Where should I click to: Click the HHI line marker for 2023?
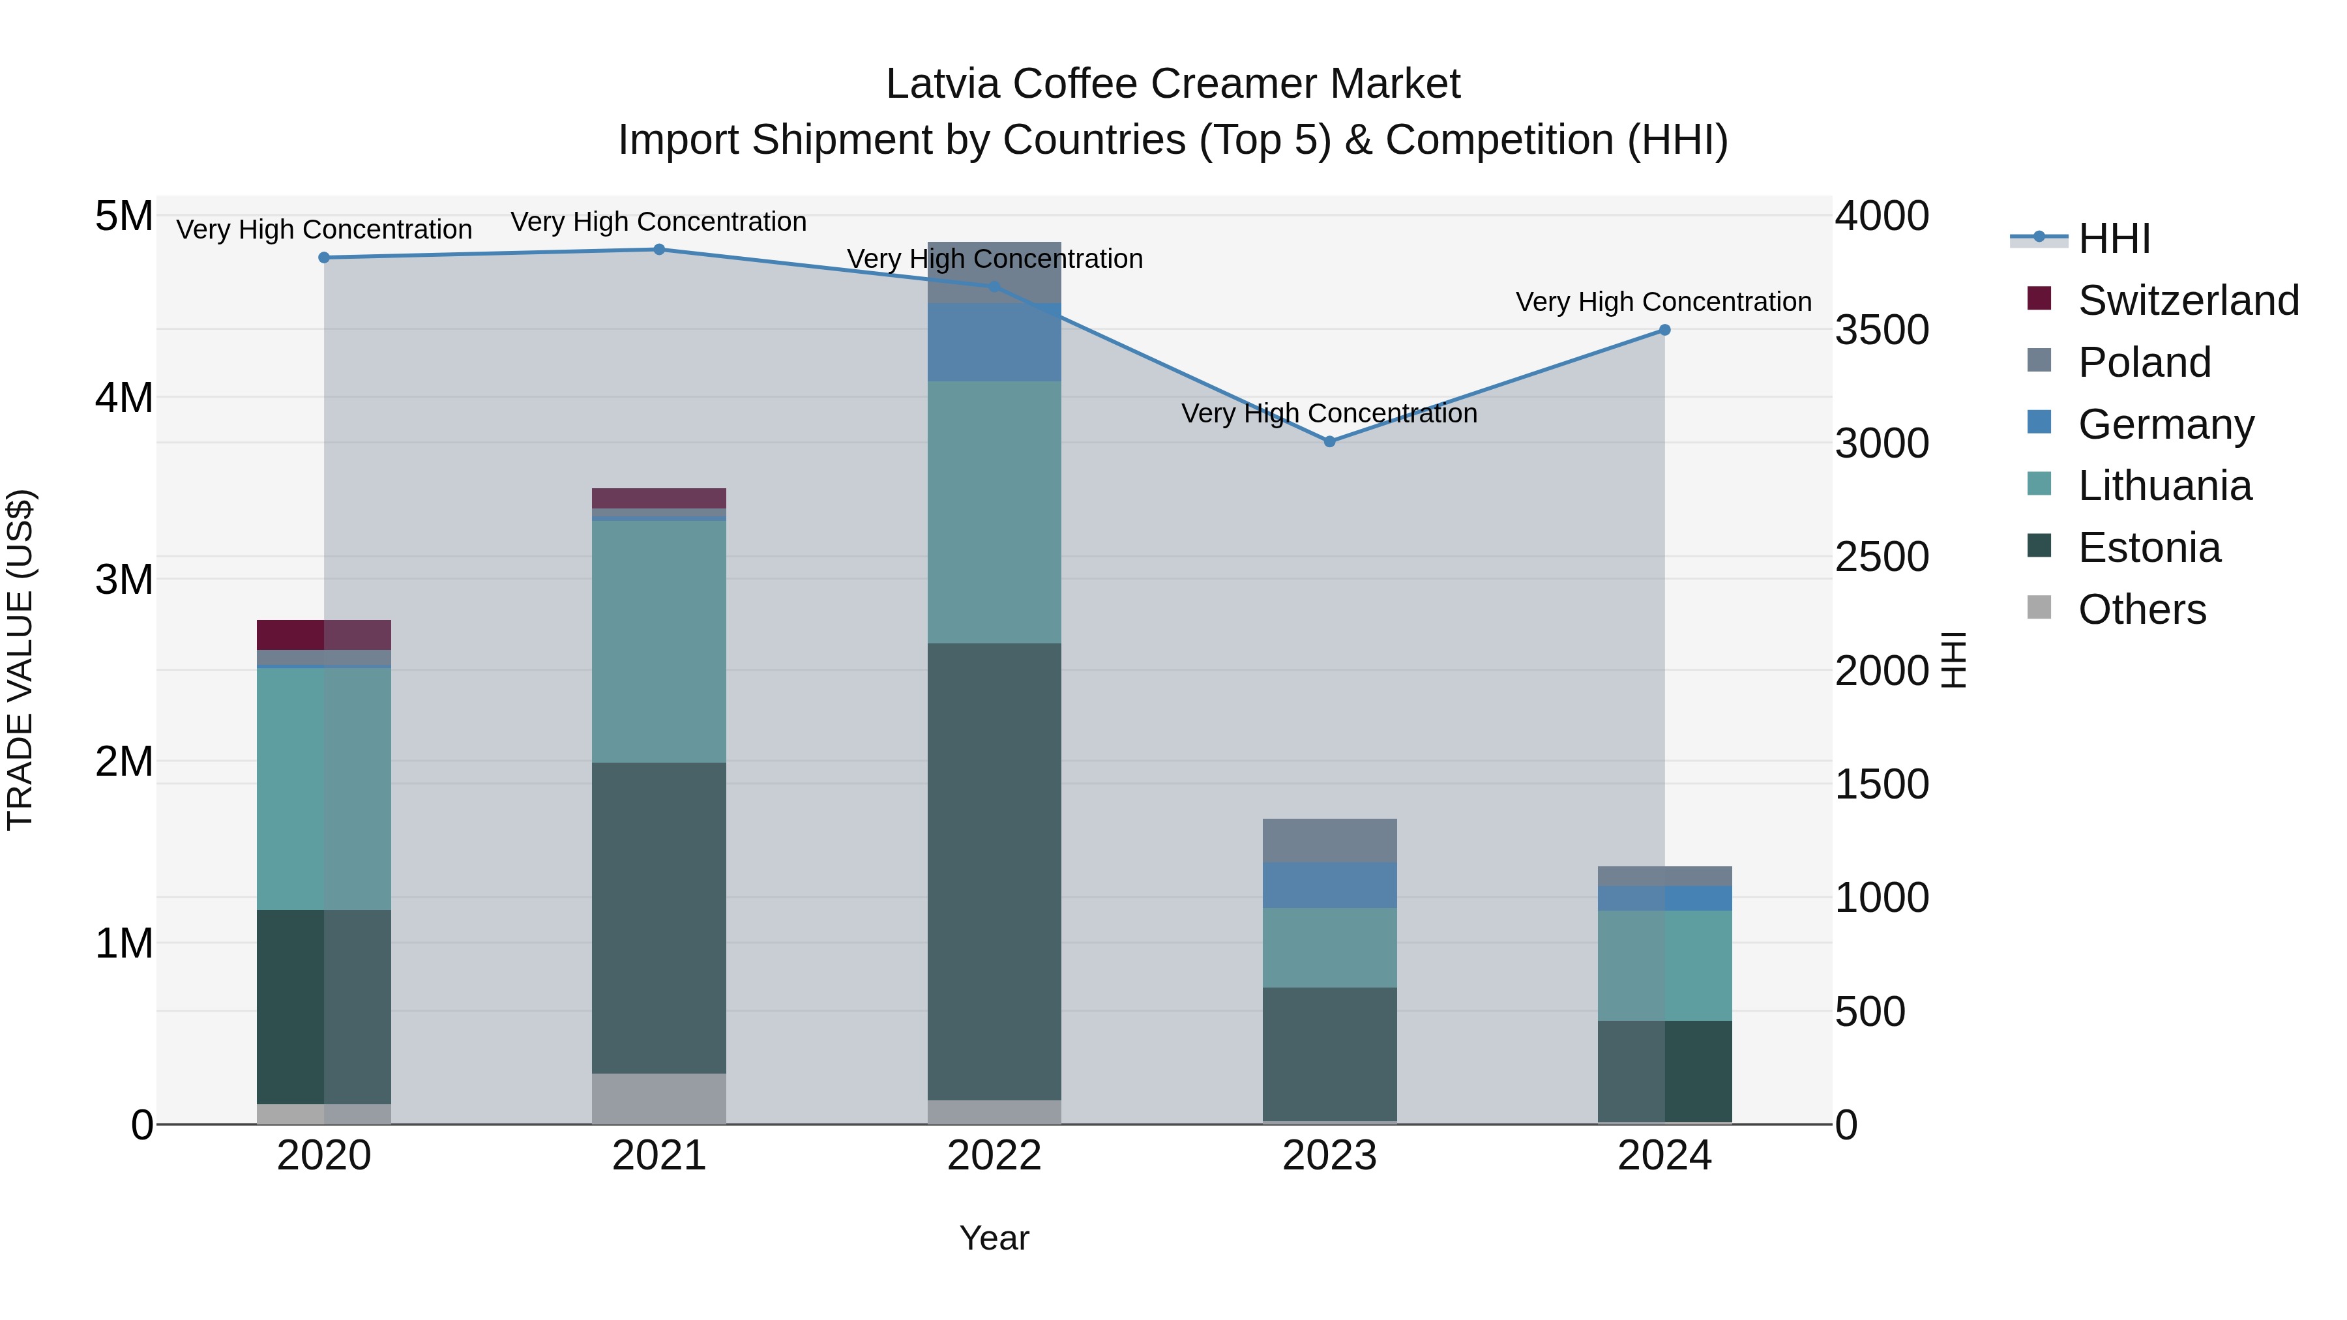1329,441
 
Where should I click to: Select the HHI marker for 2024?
1664,330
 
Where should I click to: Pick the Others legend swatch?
2039,608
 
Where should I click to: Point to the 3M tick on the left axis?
124,579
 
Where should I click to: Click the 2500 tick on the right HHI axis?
1882,557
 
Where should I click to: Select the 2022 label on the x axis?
994,1156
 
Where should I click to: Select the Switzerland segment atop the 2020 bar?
323,634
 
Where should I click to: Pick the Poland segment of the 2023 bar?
1329,840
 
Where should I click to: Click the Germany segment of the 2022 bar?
994,342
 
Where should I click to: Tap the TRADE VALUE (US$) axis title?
20,660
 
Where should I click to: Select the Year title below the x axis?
994,1238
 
